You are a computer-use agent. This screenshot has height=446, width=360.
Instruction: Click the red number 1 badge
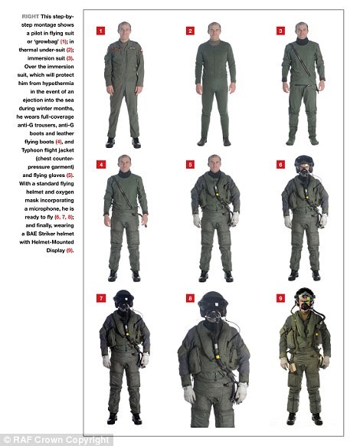(x=100, y=31)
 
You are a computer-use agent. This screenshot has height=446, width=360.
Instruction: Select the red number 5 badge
(x=190, y=165)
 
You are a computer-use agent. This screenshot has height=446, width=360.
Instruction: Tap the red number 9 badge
(x=280, y=298)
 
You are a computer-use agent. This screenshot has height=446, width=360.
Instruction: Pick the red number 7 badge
(x=100, y=298)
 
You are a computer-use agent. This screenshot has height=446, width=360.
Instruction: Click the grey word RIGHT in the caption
(x=31, y=17)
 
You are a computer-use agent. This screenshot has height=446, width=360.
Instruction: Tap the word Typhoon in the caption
(x=32, y=150)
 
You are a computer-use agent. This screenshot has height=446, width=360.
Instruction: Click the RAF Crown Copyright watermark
(x=57, y=440)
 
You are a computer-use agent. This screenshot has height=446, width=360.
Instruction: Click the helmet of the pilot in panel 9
(x=306, y=295)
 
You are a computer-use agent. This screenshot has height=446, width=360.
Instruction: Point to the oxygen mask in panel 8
(x=213, y=316)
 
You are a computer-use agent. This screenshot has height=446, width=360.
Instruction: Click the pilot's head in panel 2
(x=214, y=31)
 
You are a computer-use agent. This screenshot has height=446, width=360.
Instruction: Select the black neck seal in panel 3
(x=302, y=41)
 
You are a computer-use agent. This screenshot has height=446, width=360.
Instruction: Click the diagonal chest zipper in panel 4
(x=123, y=192)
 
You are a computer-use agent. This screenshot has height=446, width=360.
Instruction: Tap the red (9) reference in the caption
(x=70, y=251)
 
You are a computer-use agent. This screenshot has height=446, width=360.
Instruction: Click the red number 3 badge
(x=280, y=31)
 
